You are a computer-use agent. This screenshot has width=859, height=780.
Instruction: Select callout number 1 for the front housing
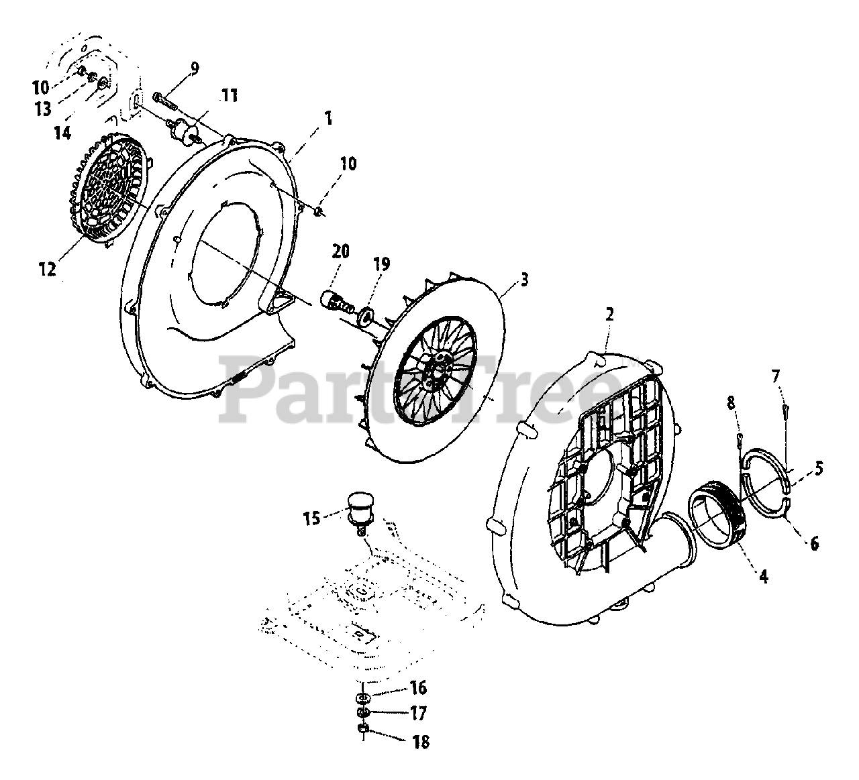point(327,119)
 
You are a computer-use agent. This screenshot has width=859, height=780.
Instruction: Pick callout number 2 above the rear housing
point(609,314)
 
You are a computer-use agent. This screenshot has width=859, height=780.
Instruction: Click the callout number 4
point(763,575)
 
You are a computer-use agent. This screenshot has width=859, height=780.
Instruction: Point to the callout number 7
point(776,376)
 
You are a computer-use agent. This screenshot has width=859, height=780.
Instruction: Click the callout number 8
point(731,403)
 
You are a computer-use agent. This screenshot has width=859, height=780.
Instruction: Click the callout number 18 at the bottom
point(419,741)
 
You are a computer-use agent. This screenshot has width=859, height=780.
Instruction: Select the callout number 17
point(418,714)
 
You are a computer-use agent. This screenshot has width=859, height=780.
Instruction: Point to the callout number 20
point(341,252)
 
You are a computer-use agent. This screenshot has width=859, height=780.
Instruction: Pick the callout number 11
point(229,95)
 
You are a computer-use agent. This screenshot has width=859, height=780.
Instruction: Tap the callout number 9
point(194,67)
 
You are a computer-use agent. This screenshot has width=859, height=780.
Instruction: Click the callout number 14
point(62,133)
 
